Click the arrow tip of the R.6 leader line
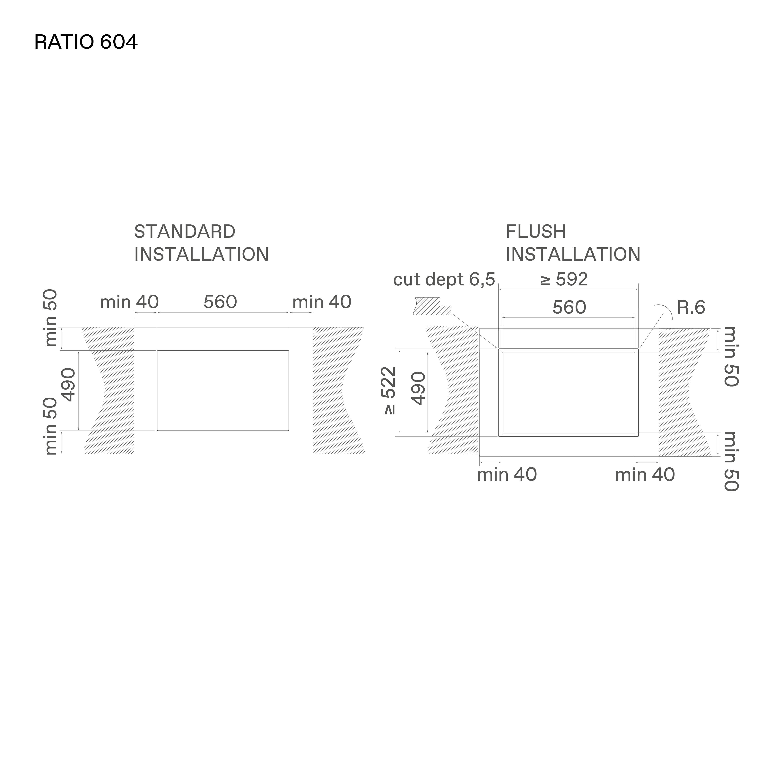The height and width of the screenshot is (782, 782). [639, 348]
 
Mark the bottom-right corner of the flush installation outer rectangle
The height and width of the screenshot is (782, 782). [638, 436]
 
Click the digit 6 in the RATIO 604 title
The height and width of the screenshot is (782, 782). [105, 42]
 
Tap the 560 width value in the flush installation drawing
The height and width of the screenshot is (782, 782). [569, 308]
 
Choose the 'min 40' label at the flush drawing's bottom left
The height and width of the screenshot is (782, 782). [507, 475]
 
